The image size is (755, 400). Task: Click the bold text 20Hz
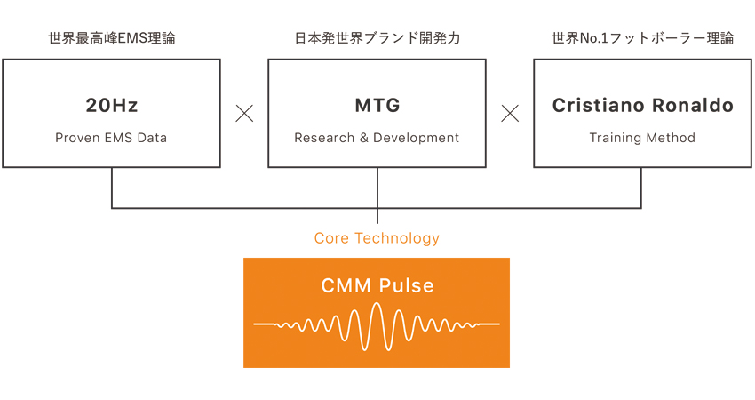pos(112,105)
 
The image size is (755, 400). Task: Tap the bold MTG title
pos(377,105)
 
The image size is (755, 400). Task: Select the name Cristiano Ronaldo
pos(643,105)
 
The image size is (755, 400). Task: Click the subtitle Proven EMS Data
pos(111,138)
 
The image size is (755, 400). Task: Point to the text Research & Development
pos(377,138)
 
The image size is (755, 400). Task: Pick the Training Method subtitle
pos(642,138)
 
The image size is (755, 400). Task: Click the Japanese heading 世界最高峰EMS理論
pos(112,38)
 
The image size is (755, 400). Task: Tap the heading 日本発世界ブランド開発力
pos(377,38)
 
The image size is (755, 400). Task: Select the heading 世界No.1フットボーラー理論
pos(643,38)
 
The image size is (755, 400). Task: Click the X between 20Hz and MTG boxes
pos(244,114)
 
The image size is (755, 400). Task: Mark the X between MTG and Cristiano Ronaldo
pos(510,114)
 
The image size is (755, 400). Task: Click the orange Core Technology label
pos(377,238)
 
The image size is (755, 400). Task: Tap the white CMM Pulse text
pos(377,285)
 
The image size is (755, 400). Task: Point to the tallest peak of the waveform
pos(377,304)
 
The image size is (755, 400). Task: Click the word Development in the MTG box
pos(416,138)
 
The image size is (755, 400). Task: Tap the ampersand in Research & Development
pos(363,138)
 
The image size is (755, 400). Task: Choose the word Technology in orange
pos(397,238)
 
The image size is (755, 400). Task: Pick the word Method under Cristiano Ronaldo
pos(671,138)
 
